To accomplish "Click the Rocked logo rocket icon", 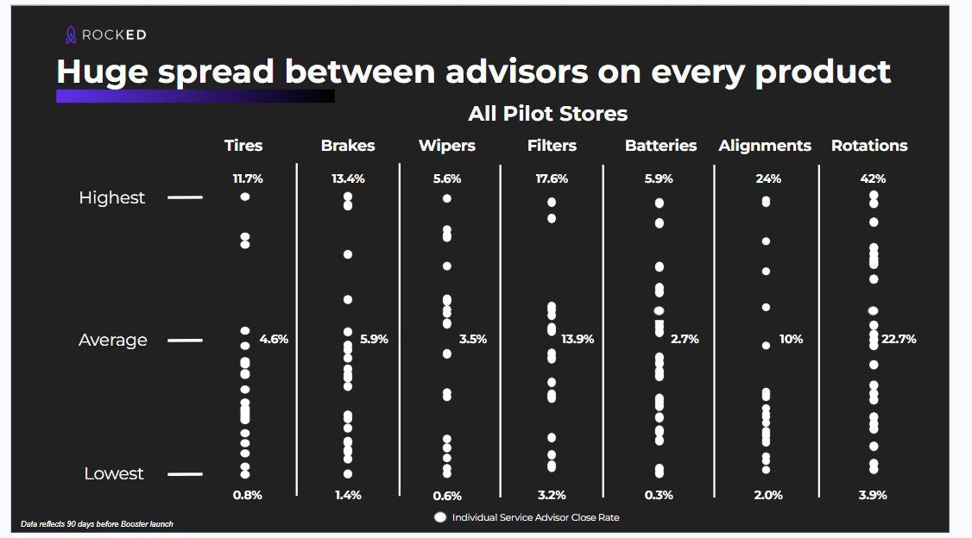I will [x=72, y=35].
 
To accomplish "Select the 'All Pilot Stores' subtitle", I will [x=547, y=114].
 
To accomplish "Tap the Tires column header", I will [x=243, y=146].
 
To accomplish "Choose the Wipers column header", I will [x=446, y=146].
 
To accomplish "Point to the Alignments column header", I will [x=765, y=146].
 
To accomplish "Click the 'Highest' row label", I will [x=112, y=198].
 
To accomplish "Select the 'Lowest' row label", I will [x=113, y=474].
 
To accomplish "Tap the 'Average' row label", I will [x=113, y=341].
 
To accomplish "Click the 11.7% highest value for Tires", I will [x=248, y=179].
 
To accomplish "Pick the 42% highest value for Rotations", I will [x=873, y=179].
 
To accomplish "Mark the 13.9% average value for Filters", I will [x=578, y=340].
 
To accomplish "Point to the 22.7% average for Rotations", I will [x=899, y=340].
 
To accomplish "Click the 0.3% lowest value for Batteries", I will [x=659, y=496].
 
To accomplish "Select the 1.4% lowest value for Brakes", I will [x=348, y=496].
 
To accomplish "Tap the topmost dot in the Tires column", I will [x=245, y=197].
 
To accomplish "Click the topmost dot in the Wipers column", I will [x=446, y=198].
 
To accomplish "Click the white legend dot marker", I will [x=440, y=517].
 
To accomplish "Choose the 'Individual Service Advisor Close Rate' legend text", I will [x=535, y=517].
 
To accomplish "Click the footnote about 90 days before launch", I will [x=97, y=524].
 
